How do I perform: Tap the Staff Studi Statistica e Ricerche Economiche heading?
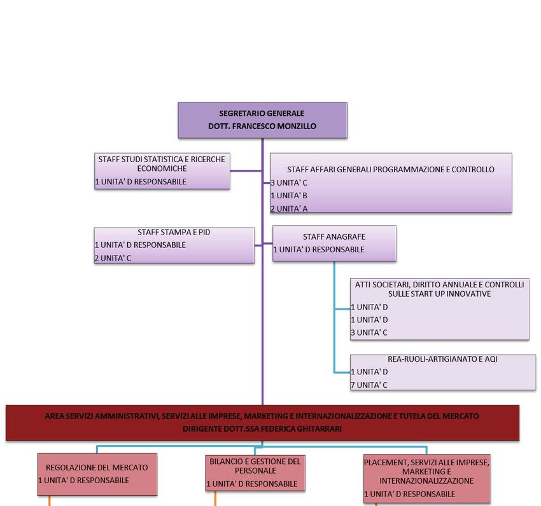click(x=162, y=164)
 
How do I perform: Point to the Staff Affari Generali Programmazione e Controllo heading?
click(x=390, y=170)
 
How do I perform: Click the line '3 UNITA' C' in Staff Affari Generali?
click(x=290, y=182)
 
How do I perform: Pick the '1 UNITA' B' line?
click(x=290, y=196)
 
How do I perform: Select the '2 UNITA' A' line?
click(x=290, y=209)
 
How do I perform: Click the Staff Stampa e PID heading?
click(x=174, y=233)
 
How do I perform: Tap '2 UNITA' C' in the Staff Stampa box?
click(x=113, y=258)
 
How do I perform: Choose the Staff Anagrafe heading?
click(x=334, y=237)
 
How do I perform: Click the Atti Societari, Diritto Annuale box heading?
click(x=439, y=289)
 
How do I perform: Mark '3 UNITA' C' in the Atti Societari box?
click(x=369, y=332)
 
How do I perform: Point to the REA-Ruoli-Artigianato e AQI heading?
click(x=442, y=359)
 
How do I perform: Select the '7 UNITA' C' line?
click(x=369, y=385)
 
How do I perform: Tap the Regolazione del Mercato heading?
click(x=97, y=467)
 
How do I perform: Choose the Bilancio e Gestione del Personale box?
click(x=254, y=472)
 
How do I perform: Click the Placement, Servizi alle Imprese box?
click(x=426, y=477)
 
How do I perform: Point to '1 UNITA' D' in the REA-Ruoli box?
click(x=369, y=372)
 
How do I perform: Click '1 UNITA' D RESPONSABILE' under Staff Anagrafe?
click(x=319, y=250)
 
